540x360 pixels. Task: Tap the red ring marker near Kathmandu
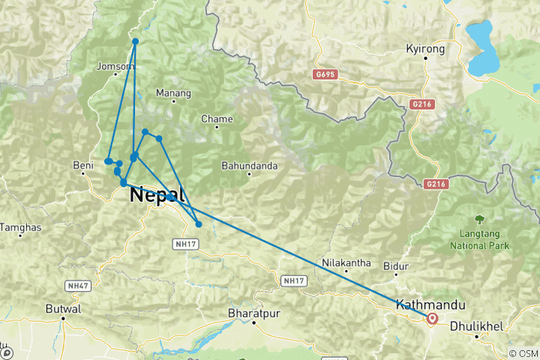pos(433,319)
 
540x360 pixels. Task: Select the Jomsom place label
pos(115,66)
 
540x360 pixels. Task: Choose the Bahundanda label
pos(250,165)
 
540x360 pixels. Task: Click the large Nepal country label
pos(157,195)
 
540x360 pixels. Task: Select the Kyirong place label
pos(425,48)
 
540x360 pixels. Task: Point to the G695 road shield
pos(326,74)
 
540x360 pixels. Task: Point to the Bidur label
pos(395,265)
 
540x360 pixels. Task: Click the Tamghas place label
pos(19,226)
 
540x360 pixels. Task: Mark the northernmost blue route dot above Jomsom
pos(136,41)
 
